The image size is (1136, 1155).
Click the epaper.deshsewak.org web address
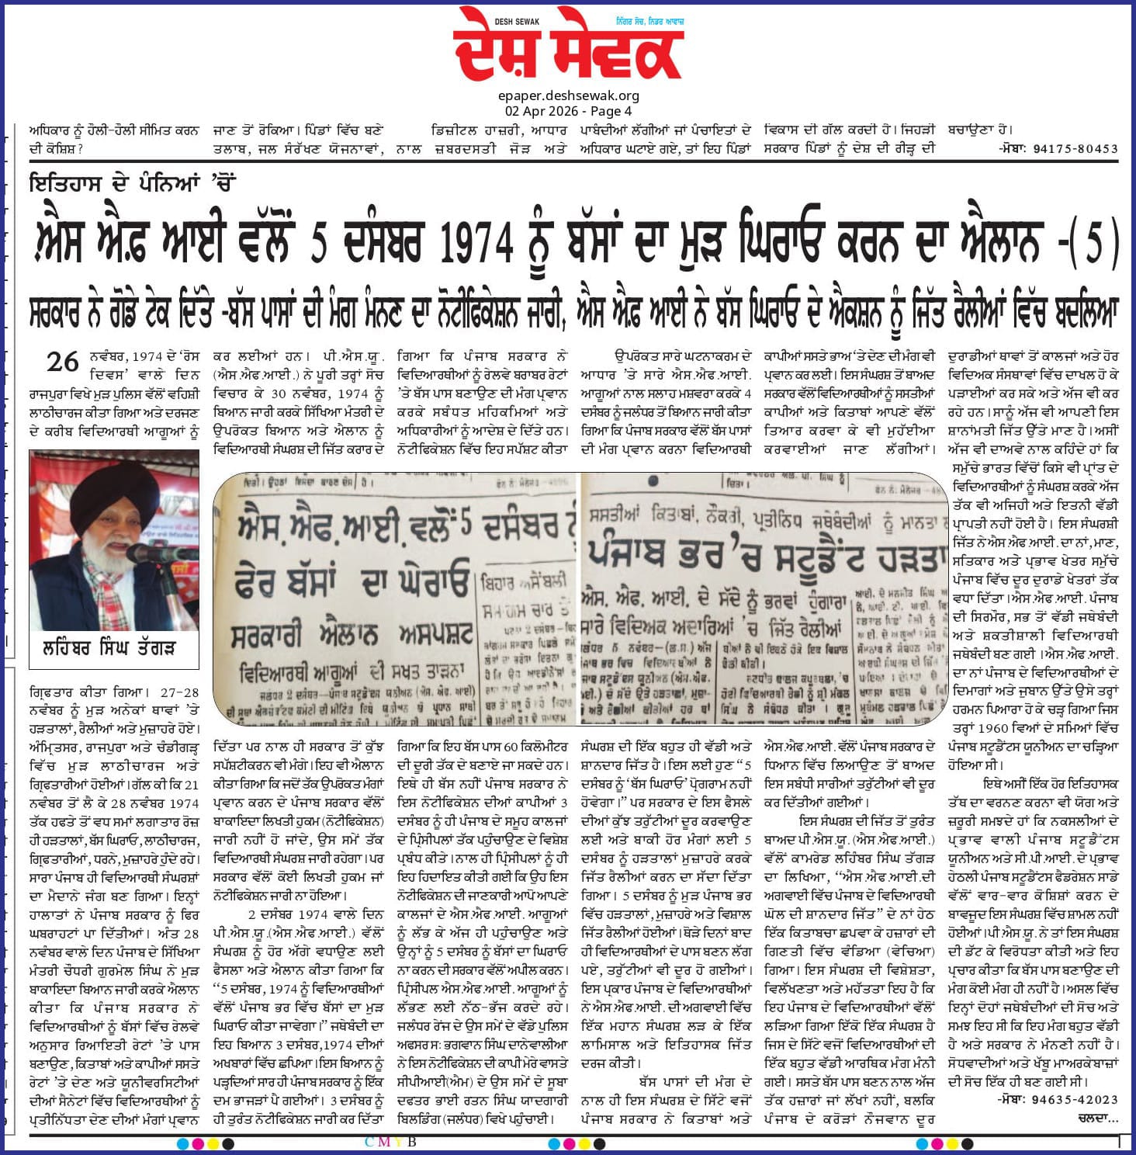pos(569,95)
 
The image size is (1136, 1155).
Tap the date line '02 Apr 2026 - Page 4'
pos(569,110)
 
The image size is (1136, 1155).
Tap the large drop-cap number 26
pos(63,361)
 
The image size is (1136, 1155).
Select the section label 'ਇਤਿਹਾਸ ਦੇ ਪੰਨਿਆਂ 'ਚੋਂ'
pos(132,185)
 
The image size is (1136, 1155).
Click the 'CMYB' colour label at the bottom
pos(391,1142)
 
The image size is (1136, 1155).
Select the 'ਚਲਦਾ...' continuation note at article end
pos(1097,1118)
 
